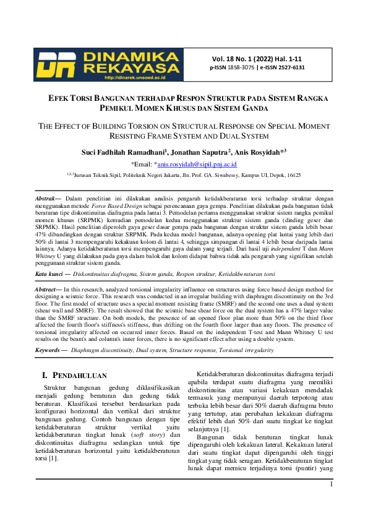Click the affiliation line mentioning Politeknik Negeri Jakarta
(184, 176)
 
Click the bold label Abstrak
(48, 198)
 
